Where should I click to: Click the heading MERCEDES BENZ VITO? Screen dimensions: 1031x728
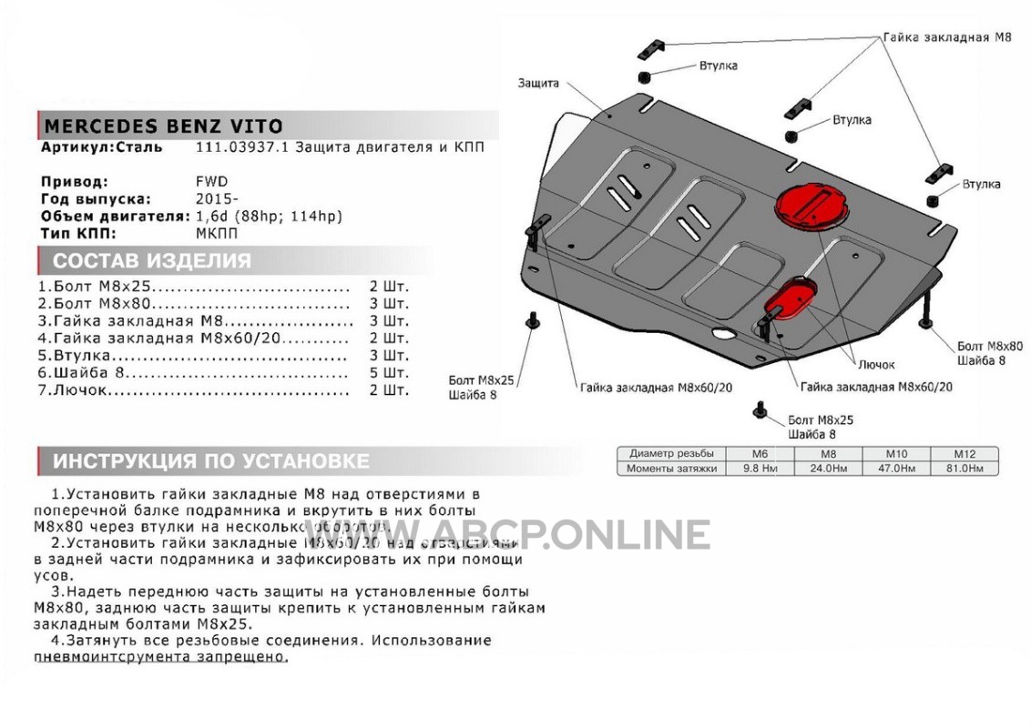(x=163, y=126)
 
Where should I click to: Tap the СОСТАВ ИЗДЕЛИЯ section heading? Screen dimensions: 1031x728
(x=151, y=262)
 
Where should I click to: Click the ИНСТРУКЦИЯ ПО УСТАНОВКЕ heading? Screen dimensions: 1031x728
(x=210, y=460)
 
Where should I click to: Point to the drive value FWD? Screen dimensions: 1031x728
(x=212, y=181)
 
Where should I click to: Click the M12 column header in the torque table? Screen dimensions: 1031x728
(x=964, y=453)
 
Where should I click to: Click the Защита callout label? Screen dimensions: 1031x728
(x=538, y=83)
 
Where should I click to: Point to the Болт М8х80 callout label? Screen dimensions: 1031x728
(x=989, y=347)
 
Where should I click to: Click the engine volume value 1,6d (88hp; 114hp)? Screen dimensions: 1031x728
(x=270, y=216)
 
